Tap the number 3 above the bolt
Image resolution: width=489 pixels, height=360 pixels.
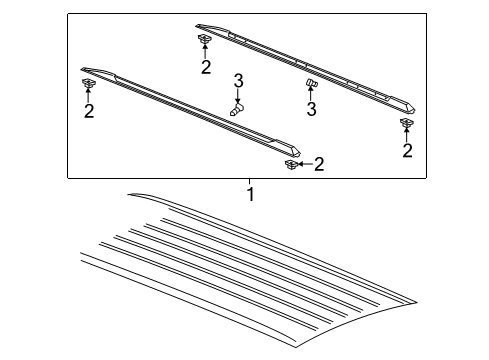[x=239, y=80]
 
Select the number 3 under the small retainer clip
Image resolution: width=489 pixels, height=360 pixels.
[x=311, y=109]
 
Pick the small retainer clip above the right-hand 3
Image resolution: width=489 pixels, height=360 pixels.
[x=310, y=83]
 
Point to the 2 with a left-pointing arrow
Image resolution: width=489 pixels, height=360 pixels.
[x=319, y=164]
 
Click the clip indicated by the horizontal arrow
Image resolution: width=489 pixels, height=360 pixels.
[x=291, y=162]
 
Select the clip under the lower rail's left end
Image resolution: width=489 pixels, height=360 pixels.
[x=88, y=82]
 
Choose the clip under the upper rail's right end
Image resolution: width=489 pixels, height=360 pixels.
[x=407, y=123]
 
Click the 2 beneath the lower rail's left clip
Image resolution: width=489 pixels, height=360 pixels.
[x=89, y=111]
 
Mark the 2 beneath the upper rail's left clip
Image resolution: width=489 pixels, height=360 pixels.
[x=205, y=68]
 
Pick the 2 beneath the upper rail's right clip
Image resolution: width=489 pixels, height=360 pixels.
[x=407, y=151]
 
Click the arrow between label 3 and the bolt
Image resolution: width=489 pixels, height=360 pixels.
[x=239, y=95]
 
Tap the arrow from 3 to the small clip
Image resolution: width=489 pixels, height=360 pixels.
[x=310, y=95]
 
